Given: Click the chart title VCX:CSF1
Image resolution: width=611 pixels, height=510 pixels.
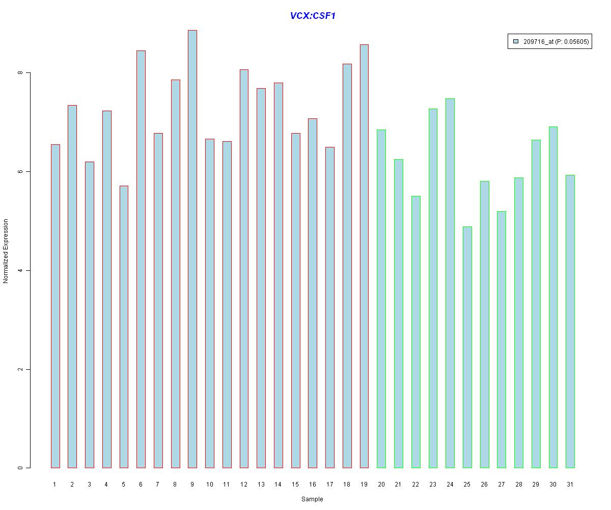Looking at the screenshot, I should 313,16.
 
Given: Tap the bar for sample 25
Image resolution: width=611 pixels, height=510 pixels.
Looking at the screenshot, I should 467,347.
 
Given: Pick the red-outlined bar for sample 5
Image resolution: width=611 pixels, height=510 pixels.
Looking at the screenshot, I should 124,326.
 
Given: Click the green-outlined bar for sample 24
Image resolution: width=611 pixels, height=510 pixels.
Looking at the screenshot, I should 450,283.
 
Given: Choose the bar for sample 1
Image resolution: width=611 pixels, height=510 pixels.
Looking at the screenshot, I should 55,306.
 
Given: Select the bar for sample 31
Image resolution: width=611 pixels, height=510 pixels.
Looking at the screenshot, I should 570,321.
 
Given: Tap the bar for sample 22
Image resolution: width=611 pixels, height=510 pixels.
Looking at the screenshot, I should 416,331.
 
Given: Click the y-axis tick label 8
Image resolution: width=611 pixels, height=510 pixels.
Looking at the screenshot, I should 20,73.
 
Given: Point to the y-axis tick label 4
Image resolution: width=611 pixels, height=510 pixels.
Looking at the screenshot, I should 20,270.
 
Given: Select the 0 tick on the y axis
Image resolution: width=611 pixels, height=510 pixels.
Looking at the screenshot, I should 20,468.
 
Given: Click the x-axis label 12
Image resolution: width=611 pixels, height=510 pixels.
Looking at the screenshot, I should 244,484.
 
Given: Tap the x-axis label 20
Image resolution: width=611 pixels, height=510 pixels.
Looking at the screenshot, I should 381,484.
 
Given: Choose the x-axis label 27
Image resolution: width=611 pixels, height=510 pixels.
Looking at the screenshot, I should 502,484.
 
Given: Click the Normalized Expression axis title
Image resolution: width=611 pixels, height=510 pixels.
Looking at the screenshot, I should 6,251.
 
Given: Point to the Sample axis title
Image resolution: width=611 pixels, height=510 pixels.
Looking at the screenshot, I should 312,499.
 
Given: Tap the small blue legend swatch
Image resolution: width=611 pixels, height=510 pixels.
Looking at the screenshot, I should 516,42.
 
